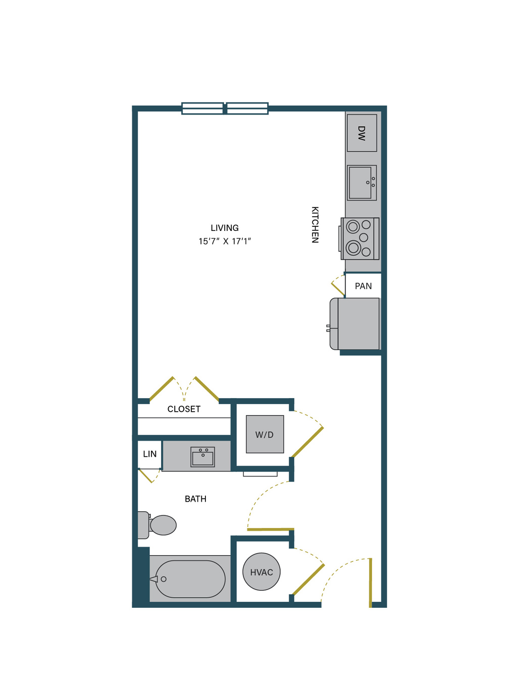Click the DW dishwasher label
(361, 133)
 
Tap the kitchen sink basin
(360, 183)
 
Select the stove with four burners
(359, 238)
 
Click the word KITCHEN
(315, 225)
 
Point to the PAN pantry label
(363, 286)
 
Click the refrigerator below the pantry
(355, 324)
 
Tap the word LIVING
(225, 228)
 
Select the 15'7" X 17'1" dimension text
(225, 242)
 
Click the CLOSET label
(184, 409)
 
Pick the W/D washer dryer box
(265, 435)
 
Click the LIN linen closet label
(149, 454)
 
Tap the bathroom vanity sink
(202, 457)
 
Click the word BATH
(195, 499)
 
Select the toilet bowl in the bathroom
(163, 525)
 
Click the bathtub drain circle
(164, 579)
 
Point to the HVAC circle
(262, 571)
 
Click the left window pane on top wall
(202, 109)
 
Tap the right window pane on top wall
(247, 109)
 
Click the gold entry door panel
(370, 583)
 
